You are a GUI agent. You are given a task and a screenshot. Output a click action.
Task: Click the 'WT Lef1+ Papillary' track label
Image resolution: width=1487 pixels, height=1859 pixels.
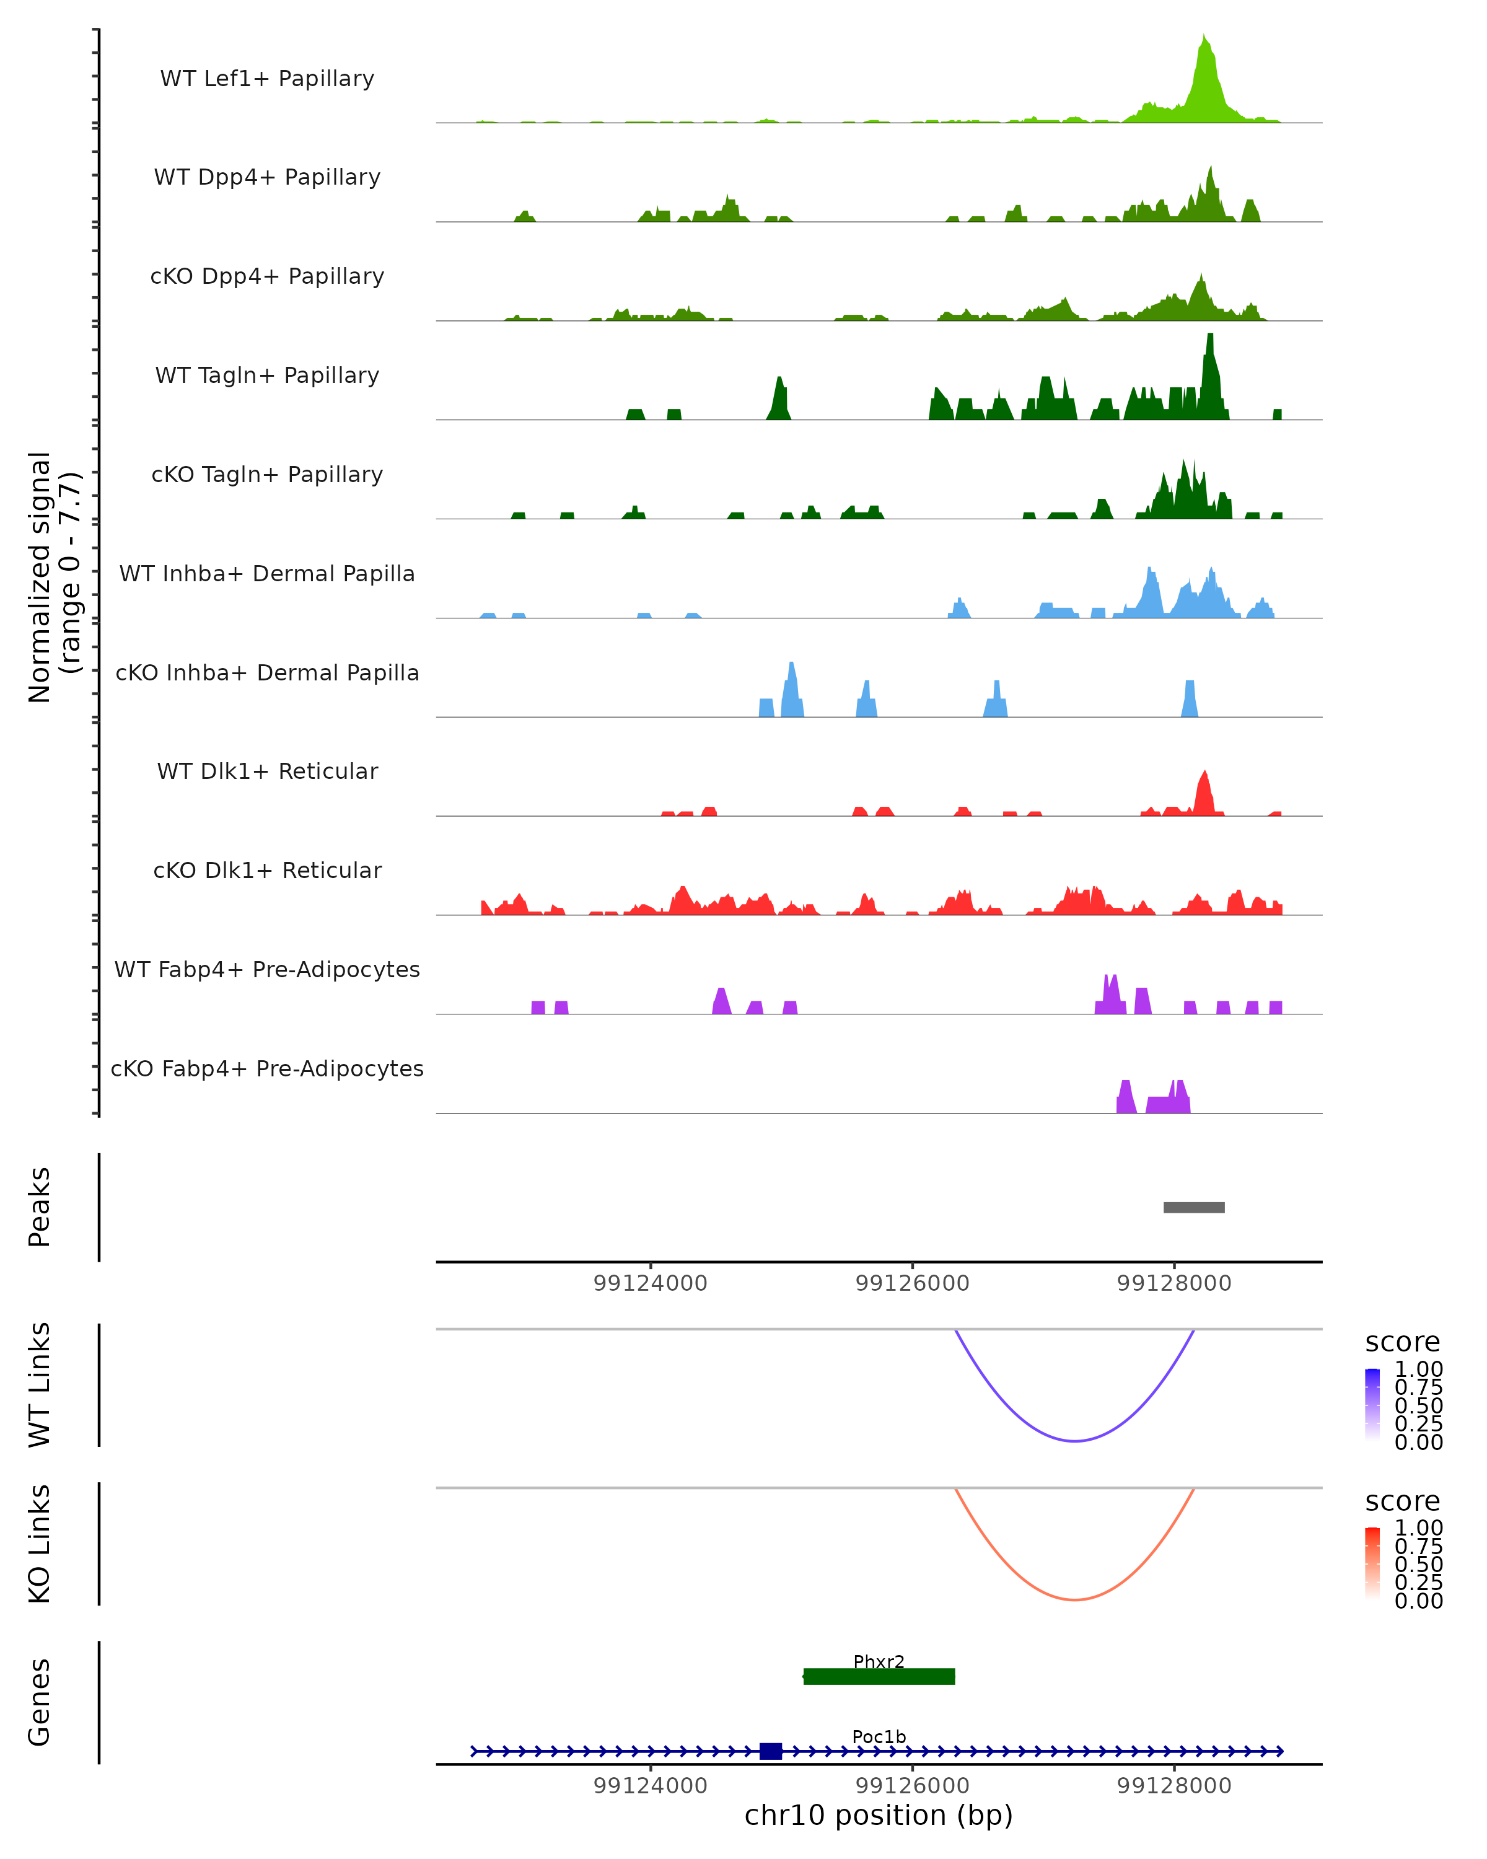pos(267,79)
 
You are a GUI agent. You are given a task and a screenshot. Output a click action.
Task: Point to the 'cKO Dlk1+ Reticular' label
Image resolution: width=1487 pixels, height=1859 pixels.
pos(267,870)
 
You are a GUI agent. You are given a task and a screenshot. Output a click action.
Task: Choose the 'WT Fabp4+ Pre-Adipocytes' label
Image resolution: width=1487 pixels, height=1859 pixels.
pos(267,969)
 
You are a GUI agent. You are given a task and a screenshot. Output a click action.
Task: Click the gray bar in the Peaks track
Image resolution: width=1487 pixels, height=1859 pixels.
pos(1194,1207)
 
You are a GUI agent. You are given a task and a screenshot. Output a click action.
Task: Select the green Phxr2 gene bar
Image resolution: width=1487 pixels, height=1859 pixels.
pos(879,1676)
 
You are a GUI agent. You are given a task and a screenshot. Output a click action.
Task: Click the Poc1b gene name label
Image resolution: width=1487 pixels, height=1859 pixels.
pos(879,1736)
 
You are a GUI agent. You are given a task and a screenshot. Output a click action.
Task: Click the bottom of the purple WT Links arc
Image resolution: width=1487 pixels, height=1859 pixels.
pos(1074,1441)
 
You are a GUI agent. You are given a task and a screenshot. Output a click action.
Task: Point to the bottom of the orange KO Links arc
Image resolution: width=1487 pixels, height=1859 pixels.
pos(1074,1599)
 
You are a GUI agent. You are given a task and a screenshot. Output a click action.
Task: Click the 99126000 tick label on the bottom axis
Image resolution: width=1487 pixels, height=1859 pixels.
pos(912,1786)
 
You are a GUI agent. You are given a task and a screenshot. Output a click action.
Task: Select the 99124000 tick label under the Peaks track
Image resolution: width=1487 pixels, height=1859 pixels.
pos(650,1283)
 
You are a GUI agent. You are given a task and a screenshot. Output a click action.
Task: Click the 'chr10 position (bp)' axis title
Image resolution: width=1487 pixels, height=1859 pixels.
pos(879,1815)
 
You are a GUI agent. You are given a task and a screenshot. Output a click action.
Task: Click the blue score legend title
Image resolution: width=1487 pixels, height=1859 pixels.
pos(1401,1342)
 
